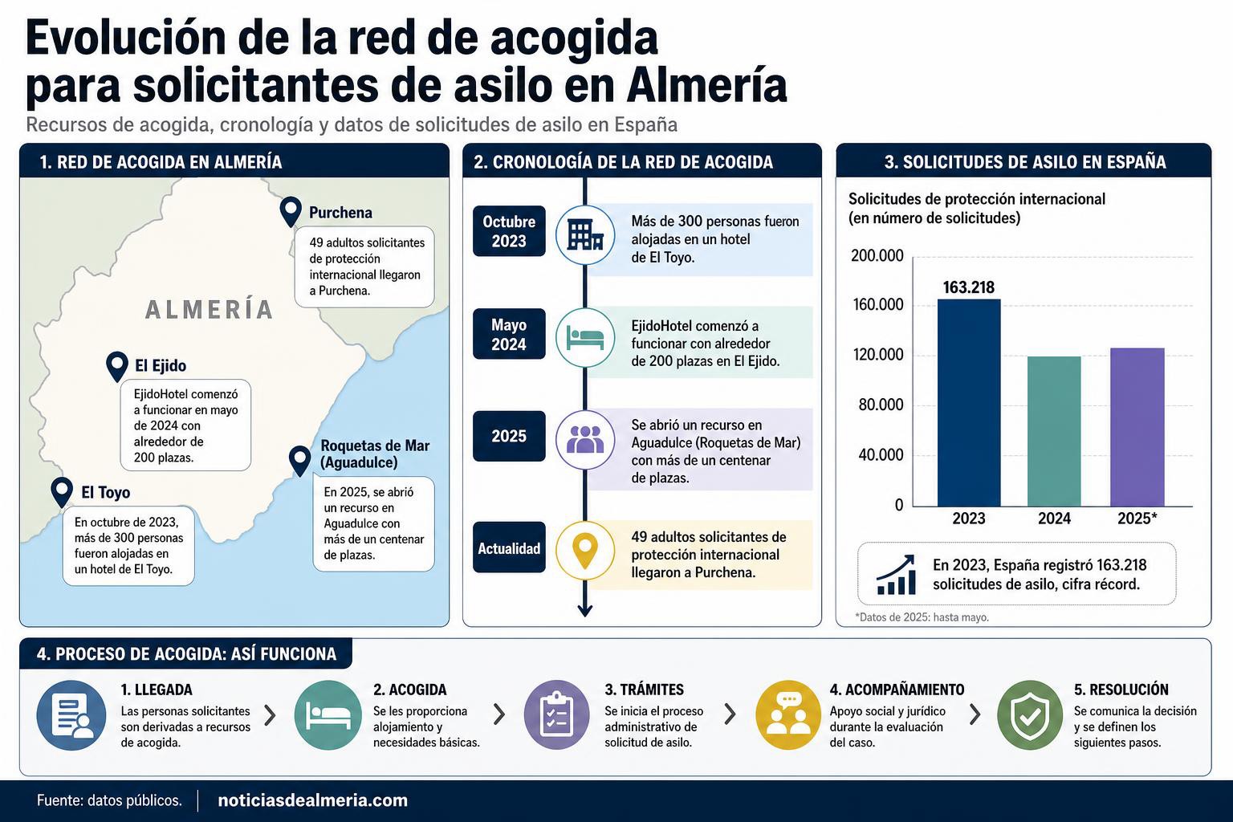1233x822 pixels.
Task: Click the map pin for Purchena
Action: click(x=290, y=210)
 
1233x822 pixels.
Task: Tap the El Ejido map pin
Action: click(x=116, y=365)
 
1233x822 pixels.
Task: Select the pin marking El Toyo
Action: click(x=62, y=491)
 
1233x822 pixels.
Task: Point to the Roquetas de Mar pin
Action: click(x=300, y=460)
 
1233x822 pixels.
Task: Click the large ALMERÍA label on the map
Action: click(x=210, y=309)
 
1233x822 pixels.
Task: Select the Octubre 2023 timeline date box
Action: click(x=509, y=231)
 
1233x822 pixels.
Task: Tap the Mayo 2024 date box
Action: click(x=509, y=334)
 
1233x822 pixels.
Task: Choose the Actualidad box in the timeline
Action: click(x=509, y=547)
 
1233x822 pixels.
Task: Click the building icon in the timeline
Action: click(x=585, y=235)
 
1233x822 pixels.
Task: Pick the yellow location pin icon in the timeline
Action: click(x=585, y=550)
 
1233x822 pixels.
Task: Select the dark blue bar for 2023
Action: click(x=969, y=403)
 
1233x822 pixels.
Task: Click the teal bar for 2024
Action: click(x=1054, y=432)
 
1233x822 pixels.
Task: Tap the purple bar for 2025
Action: click(x=1137, y=427)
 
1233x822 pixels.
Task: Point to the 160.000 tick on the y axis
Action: click(x=878, y=304)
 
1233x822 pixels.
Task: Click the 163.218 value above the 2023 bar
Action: click(x=969, y=287)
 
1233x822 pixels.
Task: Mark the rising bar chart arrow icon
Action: click(x=896, y=575)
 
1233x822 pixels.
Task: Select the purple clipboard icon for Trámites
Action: click(x=557, y=714)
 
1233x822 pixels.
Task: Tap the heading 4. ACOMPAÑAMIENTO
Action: click(x=897, y=690)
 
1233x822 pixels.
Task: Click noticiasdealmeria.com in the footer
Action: click(x=312, y=800)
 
